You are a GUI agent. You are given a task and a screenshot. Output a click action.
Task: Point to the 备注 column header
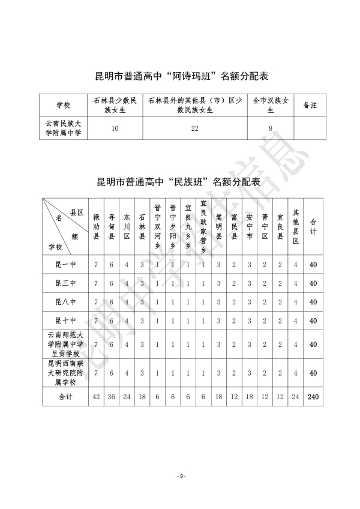(310, 105)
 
